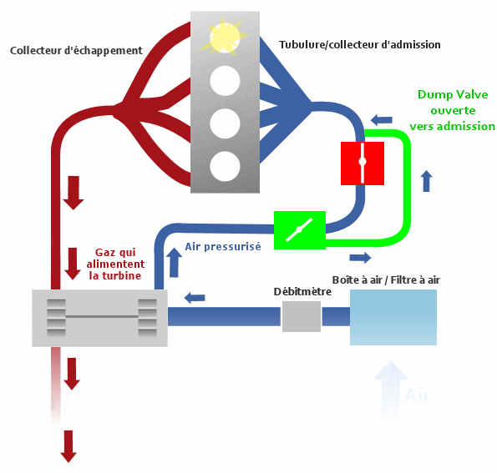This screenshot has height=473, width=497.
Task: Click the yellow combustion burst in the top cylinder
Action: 225,37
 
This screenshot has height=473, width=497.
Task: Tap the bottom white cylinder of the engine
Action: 225,166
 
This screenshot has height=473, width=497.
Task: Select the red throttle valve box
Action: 363,163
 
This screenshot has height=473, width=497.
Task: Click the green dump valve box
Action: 300,230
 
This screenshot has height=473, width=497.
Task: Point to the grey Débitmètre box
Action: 302,316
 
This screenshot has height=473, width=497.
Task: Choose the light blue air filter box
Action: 393,317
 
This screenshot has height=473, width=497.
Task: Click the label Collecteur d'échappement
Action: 76,51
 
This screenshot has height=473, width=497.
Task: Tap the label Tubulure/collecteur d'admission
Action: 360,45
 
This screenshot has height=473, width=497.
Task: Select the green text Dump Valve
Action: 453,94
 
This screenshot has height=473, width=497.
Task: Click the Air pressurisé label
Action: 223,247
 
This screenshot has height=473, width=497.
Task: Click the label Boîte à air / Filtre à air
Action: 386,279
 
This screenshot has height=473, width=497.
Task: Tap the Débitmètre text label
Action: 302,292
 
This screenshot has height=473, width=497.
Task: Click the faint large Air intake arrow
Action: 391,390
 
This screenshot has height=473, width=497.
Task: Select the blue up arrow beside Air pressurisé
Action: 174,263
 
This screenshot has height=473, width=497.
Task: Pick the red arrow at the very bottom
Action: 68,446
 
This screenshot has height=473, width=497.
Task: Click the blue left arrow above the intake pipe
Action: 195,298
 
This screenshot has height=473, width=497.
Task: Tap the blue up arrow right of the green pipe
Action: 427,181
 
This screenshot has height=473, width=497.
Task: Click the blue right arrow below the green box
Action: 360,258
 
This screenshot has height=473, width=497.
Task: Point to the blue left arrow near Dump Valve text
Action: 381,120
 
